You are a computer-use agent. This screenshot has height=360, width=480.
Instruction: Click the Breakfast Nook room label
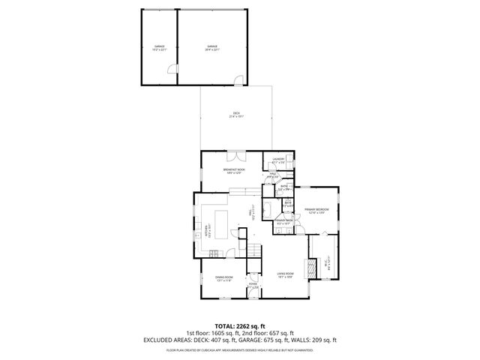click(235, 172)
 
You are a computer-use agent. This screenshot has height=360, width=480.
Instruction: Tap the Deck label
click(235, 115)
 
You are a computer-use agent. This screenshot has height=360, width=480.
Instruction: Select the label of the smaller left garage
click(159, 49)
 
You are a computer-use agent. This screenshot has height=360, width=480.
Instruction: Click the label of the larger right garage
click(212, 49)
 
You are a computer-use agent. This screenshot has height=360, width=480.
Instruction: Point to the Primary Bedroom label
click(316, 211)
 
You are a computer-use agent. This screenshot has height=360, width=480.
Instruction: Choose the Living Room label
click(284, 274)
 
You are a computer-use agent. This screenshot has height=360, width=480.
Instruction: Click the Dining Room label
click(224, 279)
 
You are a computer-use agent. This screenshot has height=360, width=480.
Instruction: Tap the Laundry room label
click(278, 160)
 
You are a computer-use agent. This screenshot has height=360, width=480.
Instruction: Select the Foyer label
click(253, 286)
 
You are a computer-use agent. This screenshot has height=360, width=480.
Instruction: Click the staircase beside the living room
click(256, 256)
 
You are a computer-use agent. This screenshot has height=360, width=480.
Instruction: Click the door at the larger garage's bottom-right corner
click(238, 79)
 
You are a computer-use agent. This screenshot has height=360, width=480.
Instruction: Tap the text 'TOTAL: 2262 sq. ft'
click(240, 326)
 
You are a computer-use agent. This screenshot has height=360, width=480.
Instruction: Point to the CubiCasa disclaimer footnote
click(240, 349)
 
